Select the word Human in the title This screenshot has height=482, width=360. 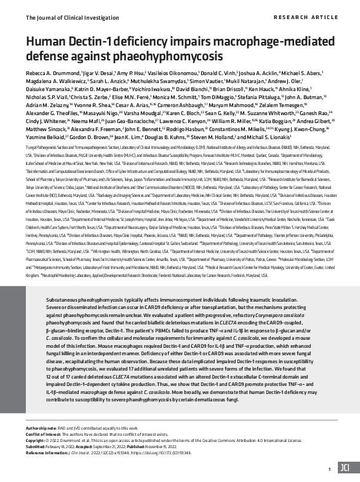[44, 41]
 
